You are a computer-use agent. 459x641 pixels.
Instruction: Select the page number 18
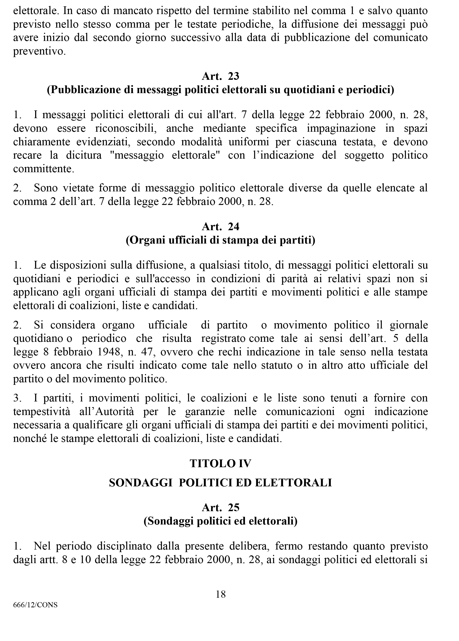pos(221,594)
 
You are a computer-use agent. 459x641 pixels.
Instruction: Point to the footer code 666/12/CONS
pos(35,605)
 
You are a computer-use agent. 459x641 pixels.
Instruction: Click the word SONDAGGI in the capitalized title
pos(141,483)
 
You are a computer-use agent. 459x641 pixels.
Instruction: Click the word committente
pos(44,169)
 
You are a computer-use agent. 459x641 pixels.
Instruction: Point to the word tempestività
pos(41,412)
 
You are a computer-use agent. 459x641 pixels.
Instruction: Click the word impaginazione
pos(341,128)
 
